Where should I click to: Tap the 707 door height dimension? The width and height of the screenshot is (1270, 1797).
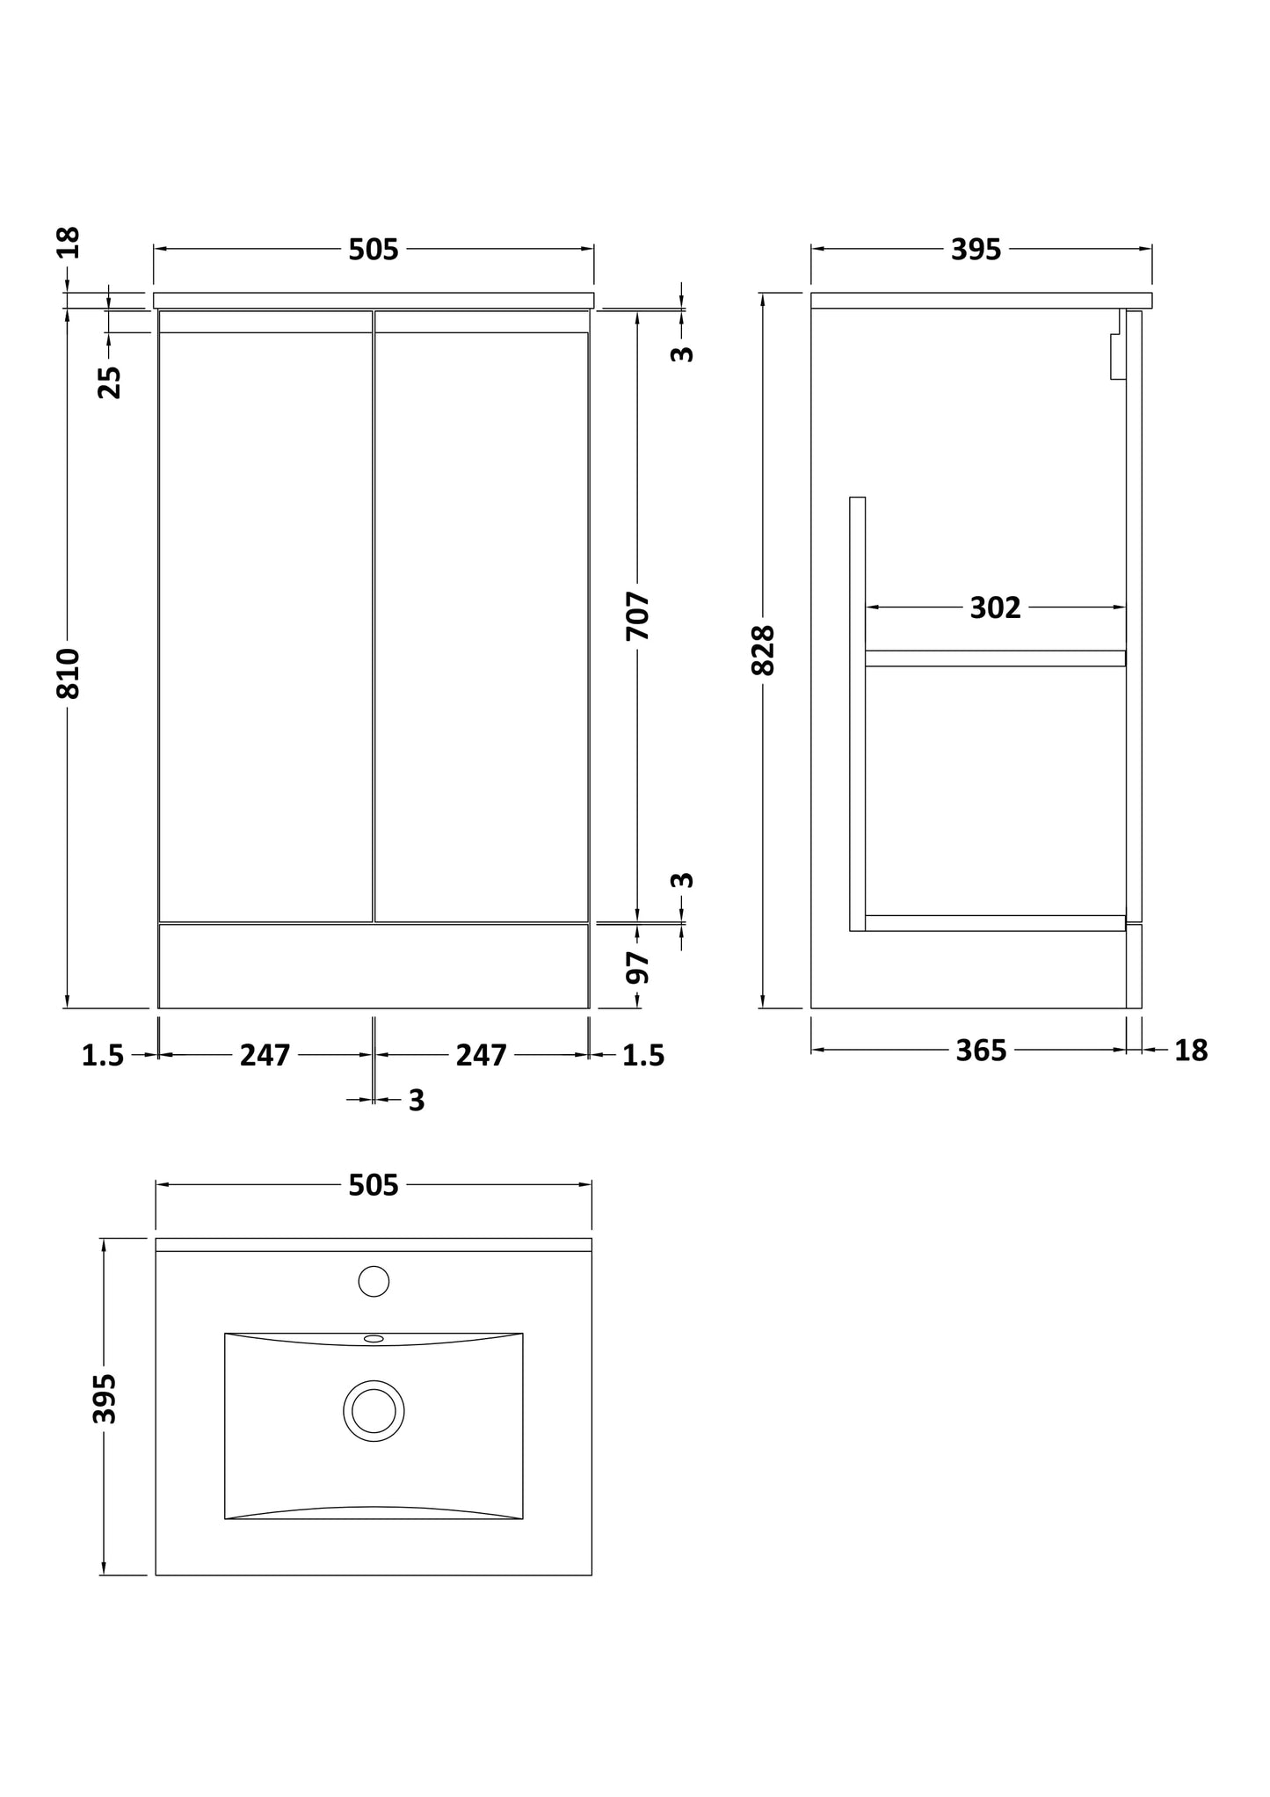click(639, 615)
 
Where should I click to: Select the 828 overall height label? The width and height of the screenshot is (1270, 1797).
click(764, 650)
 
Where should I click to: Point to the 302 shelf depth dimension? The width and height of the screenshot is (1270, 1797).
click(995, 607)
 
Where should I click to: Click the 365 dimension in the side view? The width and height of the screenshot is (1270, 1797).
click(981, 1051)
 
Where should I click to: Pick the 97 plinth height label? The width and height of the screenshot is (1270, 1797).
click(639, 967)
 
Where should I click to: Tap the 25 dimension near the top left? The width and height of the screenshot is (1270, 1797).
click(110, 382)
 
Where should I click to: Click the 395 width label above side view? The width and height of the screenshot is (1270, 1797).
click(976, 251)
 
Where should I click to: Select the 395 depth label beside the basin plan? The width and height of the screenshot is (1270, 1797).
click(105, 1398)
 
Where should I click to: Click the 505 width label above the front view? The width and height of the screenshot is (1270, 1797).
click(374, 251)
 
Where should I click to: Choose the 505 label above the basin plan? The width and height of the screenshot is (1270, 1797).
click(374, 1186)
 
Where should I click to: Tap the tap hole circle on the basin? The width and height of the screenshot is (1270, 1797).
click(374, 1281)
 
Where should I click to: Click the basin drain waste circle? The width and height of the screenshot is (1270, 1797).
click(374, 1411)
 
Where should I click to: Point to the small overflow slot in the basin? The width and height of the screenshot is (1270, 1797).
click(374, 1339)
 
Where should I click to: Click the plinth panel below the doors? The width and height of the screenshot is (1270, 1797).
click(374, 965)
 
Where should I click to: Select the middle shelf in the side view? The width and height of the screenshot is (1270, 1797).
click(995, 658)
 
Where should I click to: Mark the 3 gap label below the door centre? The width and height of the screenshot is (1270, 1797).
click(417, 1101)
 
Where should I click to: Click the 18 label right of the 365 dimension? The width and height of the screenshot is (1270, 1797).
click(1191, 1051)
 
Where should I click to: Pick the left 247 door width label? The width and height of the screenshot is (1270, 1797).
click(265, 1055)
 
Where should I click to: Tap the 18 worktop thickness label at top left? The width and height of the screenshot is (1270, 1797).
click(69, 242)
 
